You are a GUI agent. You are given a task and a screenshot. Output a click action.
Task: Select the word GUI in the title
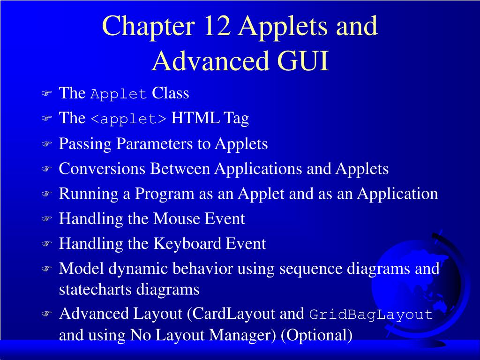coord(303,61)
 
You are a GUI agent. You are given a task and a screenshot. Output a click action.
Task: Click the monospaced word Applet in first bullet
coord(119,94)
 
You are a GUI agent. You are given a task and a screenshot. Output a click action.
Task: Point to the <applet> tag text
coord(128,119)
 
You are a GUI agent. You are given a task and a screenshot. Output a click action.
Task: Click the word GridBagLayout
coord(371,315)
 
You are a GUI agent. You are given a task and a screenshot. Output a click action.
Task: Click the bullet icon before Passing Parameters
coord(46,145)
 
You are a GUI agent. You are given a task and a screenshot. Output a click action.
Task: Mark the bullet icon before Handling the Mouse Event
coord(46,219)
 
